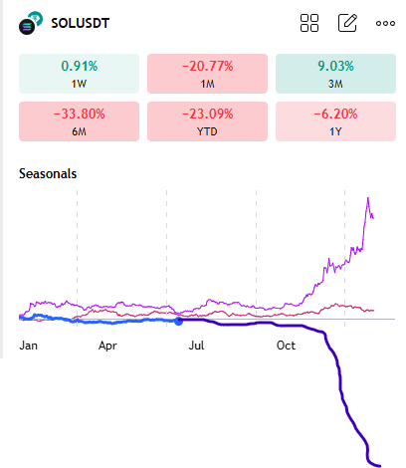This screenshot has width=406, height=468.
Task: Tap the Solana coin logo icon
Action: [x=31, y=24]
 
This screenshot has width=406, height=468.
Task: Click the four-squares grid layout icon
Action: [x=309, y=23]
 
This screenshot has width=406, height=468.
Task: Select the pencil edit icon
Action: [x=347, y=23]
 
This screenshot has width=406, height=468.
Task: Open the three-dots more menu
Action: [x=385, y=23]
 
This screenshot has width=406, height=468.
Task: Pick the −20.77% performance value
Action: [x=207, y=66]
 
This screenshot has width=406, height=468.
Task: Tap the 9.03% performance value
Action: [x=335, y=66]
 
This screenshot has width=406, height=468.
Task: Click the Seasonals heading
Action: [x=48, y=173]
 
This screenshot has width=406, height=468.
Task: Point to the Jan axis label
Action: [x=29, y=346]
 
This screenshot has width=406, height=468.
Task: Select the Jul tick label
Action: [x=197, y=346]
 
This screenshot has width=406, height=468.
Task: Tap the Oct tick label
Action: [x=286, y=346]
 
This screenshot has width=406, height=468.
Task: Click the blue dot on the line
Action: [x=179, y=321]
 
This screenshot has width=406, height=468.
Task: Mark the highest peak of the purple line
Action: [x=369, y=198]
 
